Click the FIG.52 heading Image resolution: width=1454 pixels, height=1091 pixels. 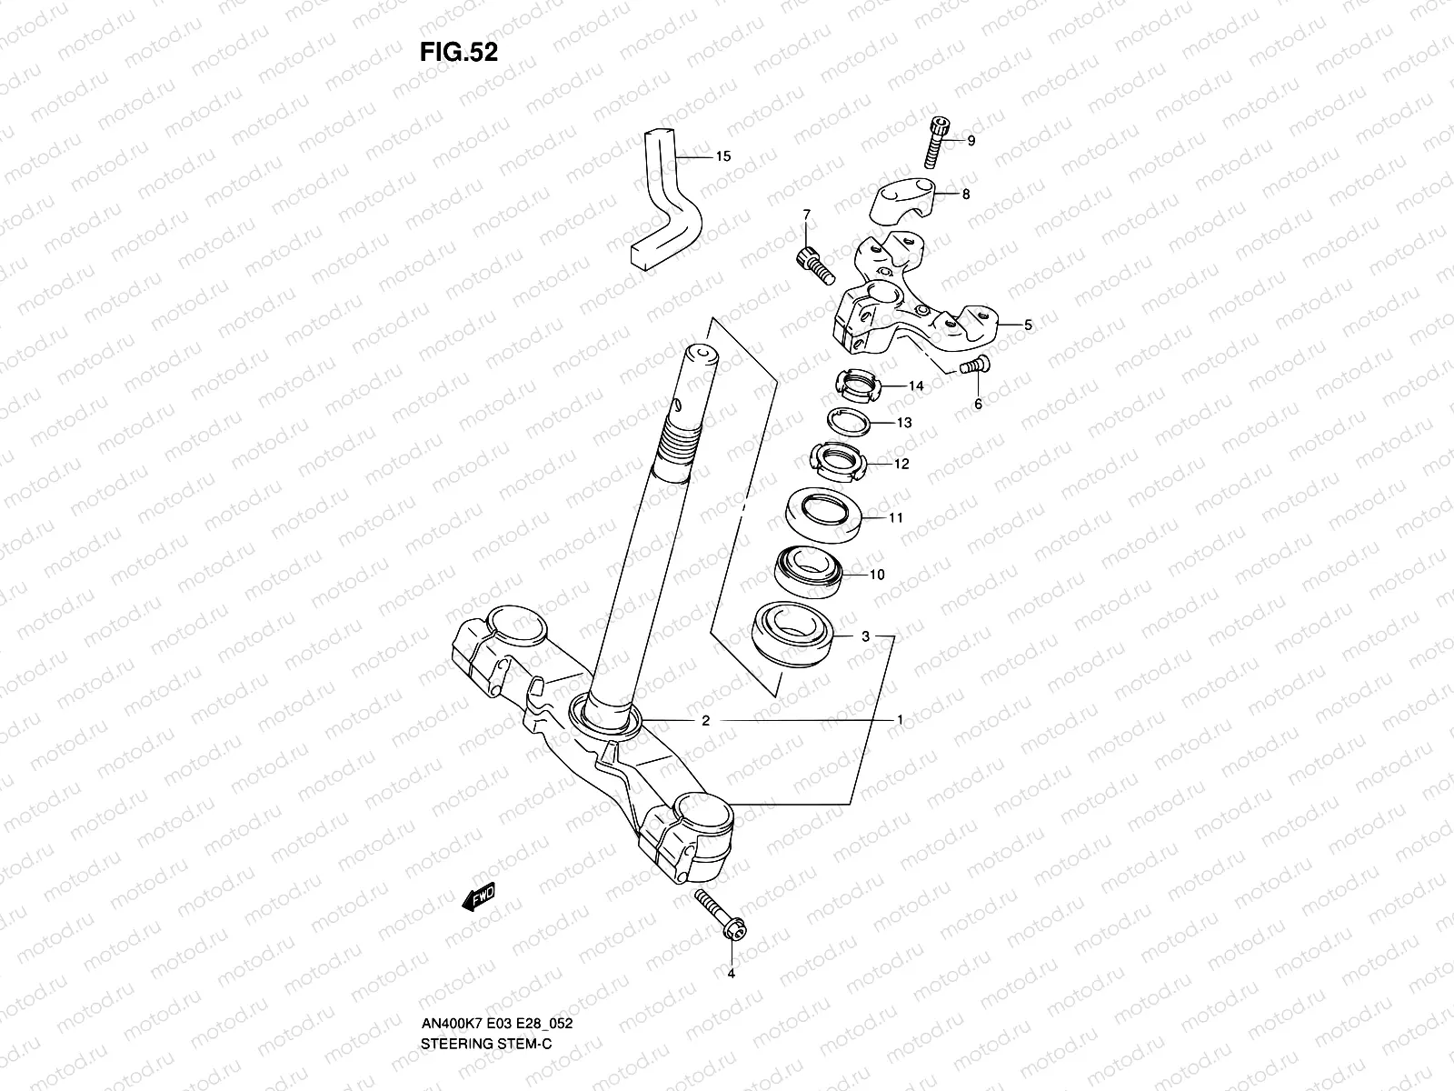tap(458, 52)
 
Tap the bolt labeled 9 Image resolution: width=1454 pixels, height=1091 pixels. tap(940, 144)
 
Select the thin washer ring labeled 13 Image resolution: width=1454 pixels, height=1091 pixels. tap(849, 423)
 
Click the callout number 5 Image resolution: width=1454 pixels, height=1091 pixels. tap(1028, 325)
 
